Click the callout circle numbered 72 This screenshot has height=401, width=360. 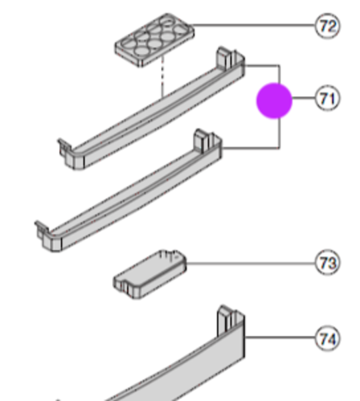pyautogui.click(x=327, y=26)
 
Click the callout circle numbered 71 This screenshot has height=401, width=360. pyautogui.click(x=327, y=99)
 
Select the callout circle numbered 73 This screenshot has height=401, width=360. pyautogui.click(x=327, y=263)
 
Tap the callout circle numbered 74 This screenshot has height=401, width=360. pyautogui.click(x=327, y=338)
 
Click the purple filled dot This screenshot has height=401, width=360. pyautogui.click(x=275, y=100)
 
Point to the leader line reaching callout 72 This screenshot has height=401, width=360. pyautogui.click(x=253, y=26)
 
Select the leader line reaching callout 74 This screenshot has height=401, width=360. pyautogui.click(x=280, y=338)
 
